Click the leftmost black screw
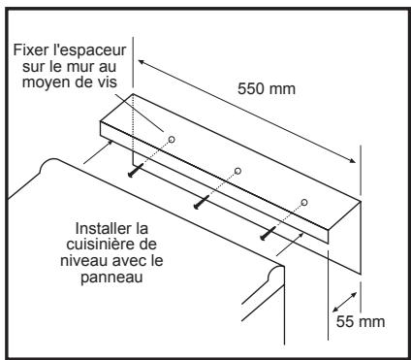pyautogui.click(x=136, y=171)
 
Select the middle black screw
pyautogui.click(x=202, y=202)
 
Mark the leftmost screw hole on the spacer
pyautogui.click(x=171, y=140)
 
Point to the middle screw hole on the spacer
pyautogui.click(x=237, y=171)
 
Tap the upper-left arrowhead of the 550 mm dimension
pyautogui.click(x=142, y=61)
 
